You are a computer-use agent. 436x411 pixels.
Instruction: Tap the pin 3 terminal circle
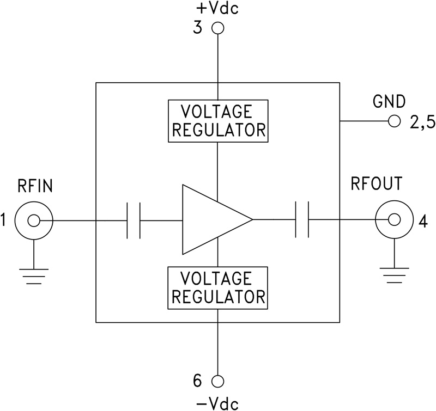[x=218, y=28]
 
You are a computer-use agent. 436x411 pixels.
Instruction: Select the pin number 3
[x=197, y=28]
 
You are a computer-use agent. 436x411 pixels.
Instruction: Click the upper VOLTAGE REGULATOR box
[x=217, y=121]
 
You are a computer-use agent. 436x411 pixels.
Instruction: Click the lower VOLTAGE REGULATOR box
[x=217, y=288]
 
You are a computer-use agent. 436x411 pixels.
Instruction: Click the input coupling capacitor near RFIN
[x=133, y=220]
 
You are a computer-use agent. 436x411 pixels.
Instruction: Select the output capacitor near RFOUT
[x=302, y=220]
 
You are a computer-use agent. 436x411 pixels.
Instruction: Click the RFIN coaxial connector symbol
[x=34, y=220]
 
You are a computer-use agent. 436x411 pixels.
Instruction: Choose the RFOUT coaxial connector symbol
[x=393, y=220]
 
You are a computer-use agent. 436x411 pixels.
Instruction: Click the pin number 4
[x=423, y=221]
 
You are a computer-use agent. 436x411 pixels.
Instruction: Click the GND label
[x=389, y=101]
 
